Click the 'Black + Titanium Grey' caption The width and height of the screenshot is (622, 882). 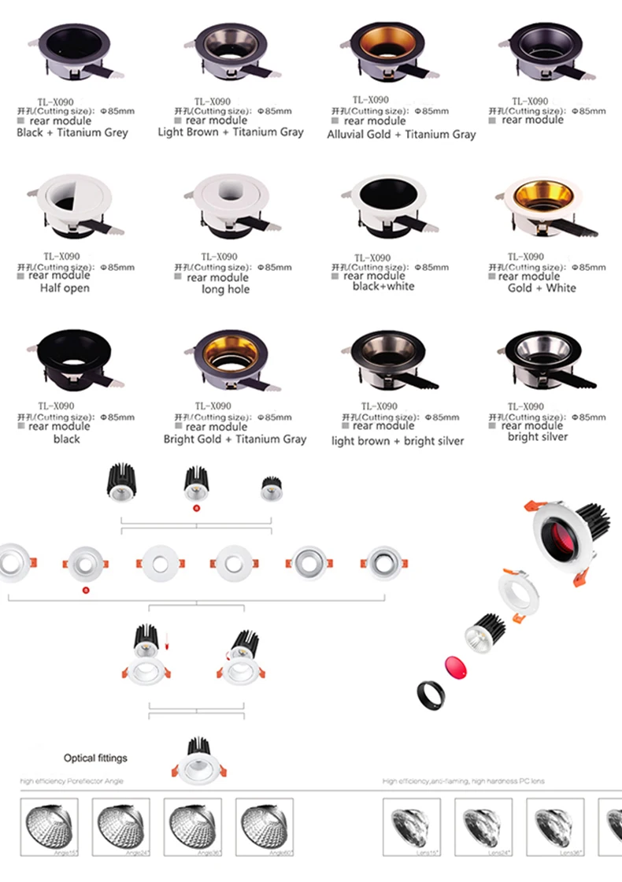coord(72,132)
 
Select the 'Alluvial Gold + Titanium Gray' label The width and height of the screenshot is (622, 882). coord(402,134)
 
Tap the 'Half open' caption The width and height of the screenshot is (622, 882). coord(65,288)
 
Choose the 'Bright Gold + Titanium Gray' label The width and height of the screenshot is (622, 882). coord(235,439)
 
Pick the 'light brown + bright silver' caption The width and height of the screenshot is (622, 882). coord(398,441)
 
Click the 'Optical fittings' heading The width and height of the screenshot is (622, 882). coord(95,758)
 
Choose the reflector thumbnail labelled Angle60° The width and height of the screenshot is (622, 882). coord(265,827)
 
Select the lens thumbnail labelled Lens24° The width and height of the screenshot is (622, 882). coord(483,827)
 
